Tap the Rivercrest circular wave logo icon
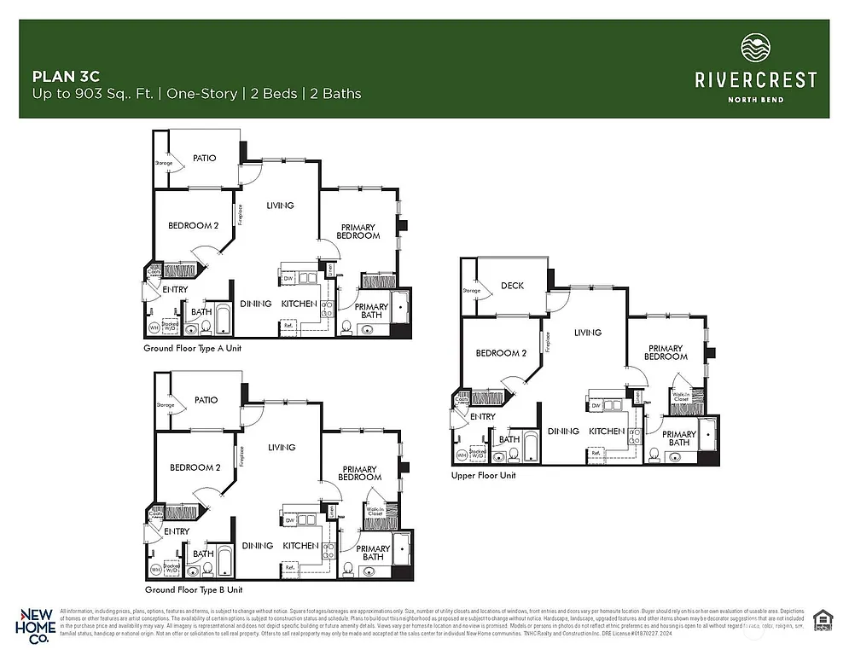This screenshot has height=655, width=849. point(755,49)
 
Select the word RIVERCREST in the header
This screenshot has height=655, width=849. point(755,80)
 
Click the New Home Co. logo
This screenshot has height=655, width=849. point(37,624)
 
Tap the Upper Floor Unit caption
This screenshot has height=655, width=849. point(483,475)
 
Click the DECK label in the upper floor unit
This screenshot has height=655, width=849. point(512,287)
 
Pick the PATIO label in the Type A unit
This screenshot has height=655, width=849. point(204,158)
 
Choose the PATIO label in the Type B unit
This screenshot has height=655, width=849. point(205,400)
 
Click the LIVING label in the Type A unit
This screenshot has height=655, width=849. point(280,206)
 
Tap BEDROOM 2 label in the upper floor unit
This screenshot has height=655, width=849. point(501,353)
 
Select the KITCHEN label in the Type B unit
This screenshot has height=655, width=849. point(300,546)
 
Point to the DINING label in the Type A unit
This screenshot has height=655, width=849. point(255,304)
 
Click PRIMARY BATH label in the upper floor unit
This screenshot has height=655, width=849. point(679,438)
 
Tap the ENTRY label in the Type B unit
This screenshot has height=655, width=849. point(176,531)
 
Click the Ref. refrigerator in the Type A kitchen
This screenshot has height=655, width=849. point(288,325)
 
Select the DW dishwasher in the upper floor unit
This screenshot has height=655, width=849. point(596,406)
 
